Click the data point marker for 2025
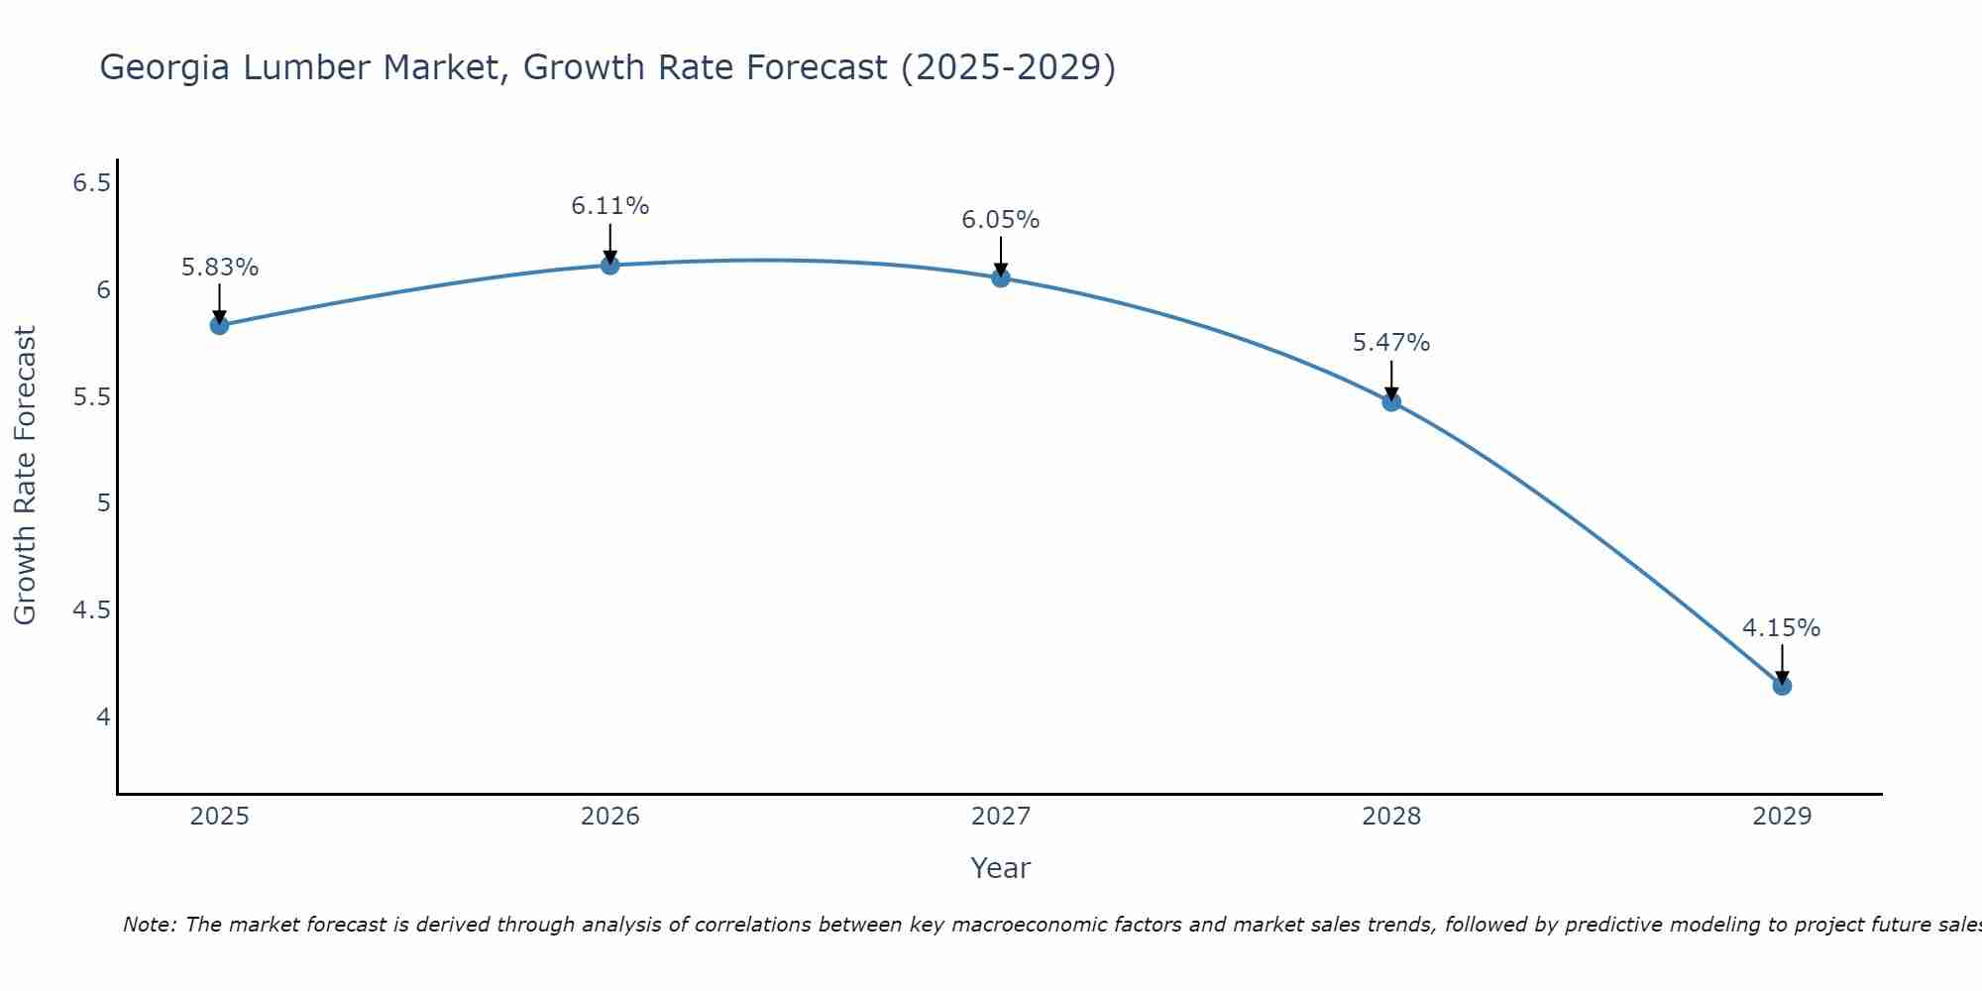pyautogui.click(x=219, y=325)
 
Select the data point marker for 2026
pyautogui.click(x=609, y=265)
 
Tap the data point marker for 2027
pyautogui.click(x=1000, y=277)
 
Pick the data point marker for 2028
pyautogui.click(x=1390, y=401)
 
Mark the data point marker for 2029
pyautogui.click(x=1781, y=685)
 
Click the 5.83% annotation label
pyautogui.click(x=219, y=268)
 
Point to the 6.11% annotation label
pyautogui.click(x=609, y=206)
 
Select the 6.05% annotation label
pyautogui.click(x=1000, y=220)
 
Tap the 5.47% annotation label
pyautogui.click(x=1390, y=343)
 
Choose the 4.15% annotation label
pyautogui.click(x=1781, y=628)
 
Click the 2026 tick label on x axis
pyautogui.click(x=609, y=817)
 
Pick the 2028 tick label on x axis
pyautogui.click(x=1390, y=817)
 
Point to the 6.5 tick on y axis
pyautogui.click(x=91, y=183)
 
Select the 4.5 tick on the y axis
pyautogui.click(x=91, y=610)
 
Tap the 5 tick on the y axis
pyautogui.click(x=103, y=503)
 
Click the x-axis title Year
pyautogui.click(x=1000, y=868)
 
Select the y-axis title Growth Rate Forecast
pyautogui.click(x=25, y=476)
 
